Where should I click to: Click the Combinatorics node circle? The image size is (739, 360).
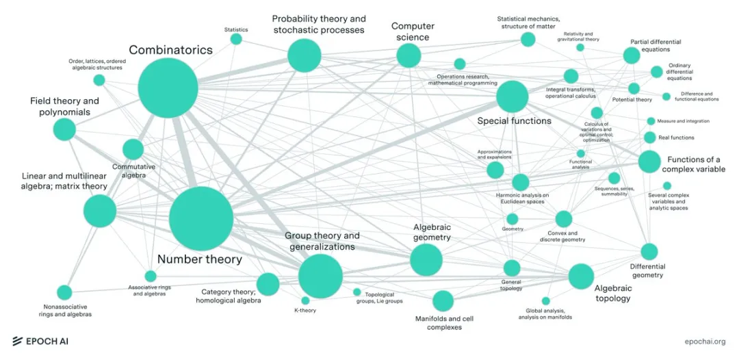pyautogui.click(x=168, y=88)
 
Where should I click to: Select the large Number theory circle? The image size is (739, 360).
pyautogui.click(x=201, y=218)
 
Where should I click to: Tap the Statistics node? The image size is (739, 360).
pyautogui.click(x=236, y=39)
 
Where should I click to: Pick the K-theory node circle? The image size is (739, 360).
pyautogui.click(x=305, y=300)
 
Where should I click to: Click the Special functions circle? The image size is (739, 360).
pyautogui.click(x=512, y=97)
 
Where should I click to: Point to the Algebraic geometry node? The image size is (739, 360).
pyautogui.click(x=426, y=259)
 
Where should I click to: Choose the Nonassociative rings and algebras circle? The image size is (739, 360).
pyautogui.click(x=64, y=293)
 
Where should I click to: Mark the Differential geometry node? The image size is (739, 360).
pyautogui.click(x=649, y=252)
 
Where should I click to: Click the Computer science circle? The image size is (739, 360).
pyautogui.click(x=409, y=55)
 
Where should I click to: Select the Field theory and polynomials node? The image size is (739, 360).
pyautogui.click(x=64, y=129)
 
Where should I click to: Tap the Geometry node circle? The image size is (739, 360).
pyautogui.click(x=513, y=219)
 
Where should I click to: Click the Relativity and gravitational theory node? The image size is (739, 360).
pyautogui.click(x=580, y=47)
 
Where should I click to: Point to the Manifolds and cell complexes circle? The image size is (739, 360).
pyautogui.click(x=443, y=300)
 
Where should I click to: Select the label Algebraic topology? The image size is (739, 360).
pyautogui.click(x=612, y=293)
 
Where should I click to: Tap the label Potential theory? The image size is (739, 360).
pyautogui.click(x=632, y=99)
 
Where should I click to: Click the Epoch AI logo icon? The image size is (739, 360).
pyautogui.click(x=18, y=341)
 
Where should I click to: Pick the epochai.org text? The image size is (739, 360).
pyautogui.click(x=705, y=341)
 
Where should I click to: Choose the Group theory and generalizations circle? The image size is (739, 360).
pyautogui.click(x=320, y=276)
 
